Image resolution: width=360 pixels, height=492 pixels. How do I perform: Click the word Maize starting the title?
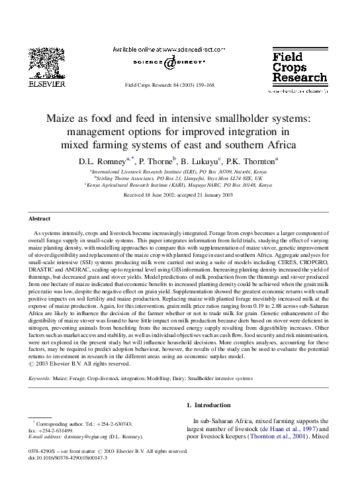click(x=61, y=120)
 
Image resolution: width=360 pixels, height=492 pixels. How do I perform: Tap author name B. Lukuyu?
click(x=201, y=160)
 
